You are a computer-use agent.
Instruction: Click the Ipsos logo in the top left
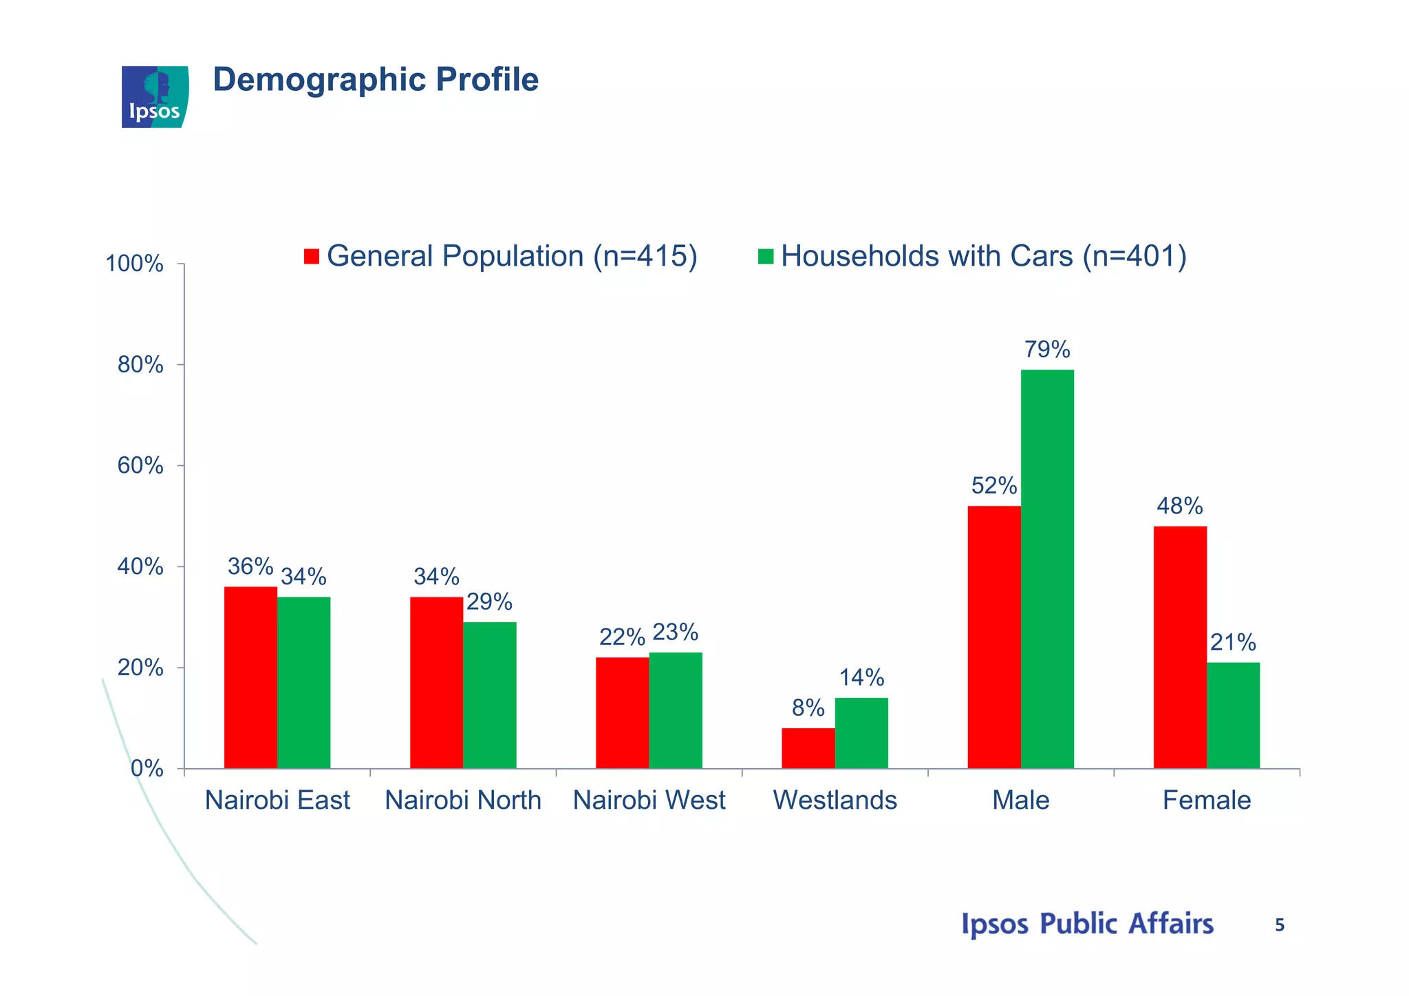point(155,97)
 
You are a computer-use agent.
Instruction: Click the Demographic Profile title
point(376,80)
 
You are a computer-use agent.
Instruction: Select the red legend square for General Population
point(312,257)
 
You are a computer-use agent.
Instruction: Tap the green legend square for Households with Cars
point(766,257)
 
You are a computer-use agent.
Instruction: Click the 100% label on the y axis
point(134,264)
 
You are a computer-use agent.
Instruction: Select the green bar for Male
point(1047,569)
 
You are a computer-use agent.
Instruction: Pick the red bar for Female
point(1180,647)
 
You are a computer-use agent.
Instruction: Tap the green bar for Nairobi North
point(489,695)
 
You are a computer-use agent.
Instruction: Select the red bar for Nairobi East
point(250,677)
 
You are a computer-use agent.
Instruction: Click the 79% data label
point(1047,350)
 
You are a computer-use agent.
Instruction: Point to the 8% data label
point(808,708)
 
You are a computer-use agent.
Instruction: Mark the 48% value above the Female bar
point(1179,507)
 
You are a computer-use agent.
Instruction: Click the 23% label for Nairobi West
point(675,632)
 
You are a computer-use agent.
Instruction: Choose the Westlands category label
point(835,801)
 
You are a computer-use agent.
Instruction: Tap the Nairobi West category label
point(649,801)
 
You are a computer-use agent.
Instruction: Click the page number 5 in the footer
point(1279,926)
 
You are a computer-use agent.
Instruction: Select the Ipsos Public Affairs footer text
point(1087,924)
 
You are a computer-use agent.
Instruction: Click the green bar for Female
point(1233,715)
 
